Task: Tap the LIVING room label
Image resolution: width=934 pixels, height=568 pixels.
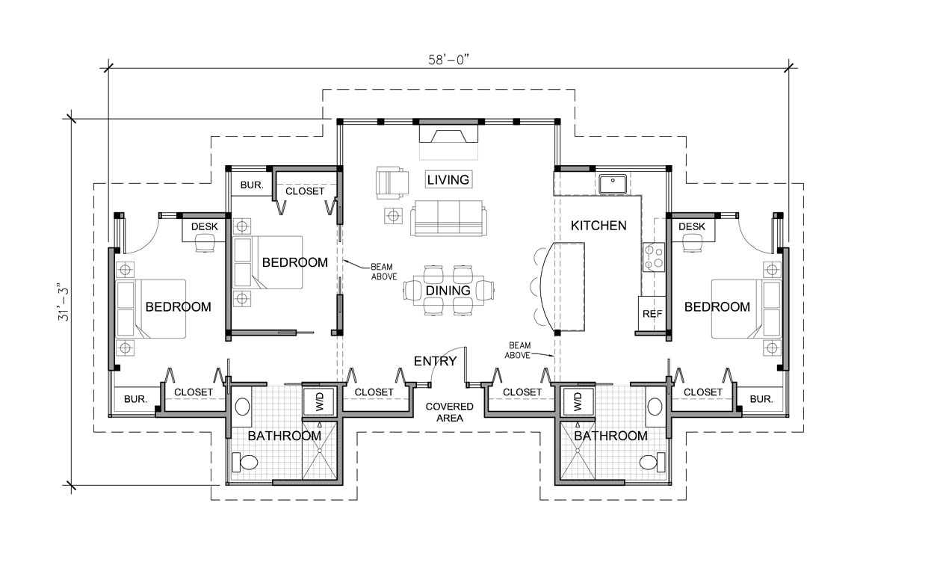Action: (x=448, y=179)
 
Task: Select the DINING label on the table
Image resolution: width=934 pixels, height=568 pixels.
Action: (x=448, y=290)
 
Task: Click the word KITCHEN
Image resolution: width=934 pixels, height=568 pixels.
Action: (x=598, y=225)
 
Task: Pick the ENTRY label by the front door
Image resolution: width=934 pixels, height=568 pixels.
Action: (x=435, y=361)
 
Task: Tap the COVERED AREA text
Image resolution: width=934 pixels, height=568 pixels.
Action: (x=449, y=412)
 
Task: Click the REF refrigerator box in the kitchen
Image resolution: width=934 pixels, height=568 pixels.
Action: (x=652, y=314)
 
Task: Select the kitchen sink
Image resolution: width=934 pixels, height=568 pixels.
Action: (x=613, y=183)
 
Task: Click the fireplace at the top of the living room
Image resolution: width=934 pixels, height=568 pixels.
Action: (x=448, y=135)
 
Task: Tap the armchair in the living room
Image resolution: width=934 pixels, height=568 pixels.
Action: (x=392, y=182)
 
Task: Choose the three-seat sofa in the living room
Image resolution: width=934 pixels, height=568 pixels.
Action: (x=448, y=218)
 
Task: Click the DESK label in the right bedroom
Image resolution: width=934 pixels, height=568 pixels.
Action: (x=692, y=226)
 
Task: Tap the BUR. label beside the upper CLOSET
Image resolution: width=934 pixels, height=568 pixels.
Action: (x=252, y=185)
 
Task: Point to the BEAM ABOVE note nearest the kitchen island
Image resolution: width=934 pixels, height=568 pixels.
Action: (x=519, y=350)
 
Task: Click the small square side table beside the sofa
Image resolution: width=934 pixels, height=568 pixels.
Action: (x=393, y=216)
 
